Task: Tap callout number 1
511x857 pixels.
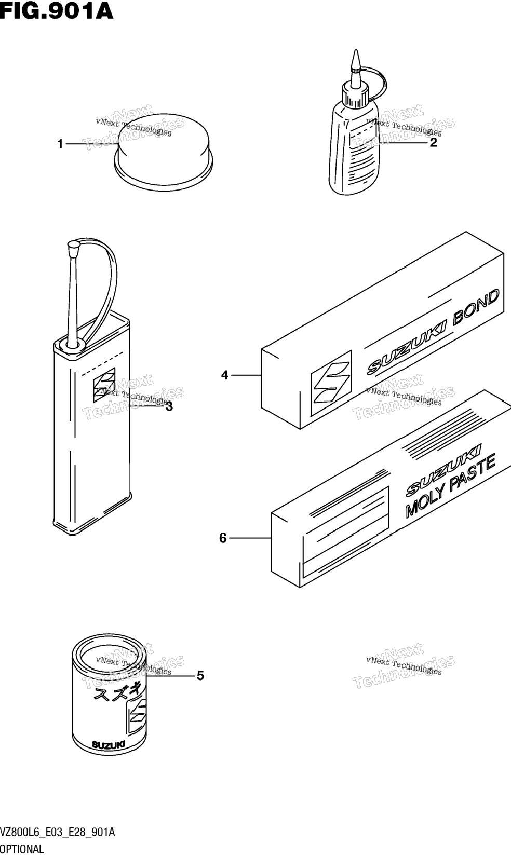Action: tap(60, 144)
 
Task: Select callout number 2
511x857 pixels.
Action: tap(433, 143)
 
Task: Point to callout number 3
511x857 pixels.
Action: tap(169, 406)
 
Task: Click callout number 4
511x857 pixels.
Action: tap(225, 375)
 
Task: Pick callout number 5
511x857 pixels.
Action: tap(200, 676)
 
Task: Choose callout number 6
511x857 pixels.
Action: tap(223, 538)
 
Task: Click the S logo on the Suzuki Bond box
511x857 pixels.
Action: tap(331, 383)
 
